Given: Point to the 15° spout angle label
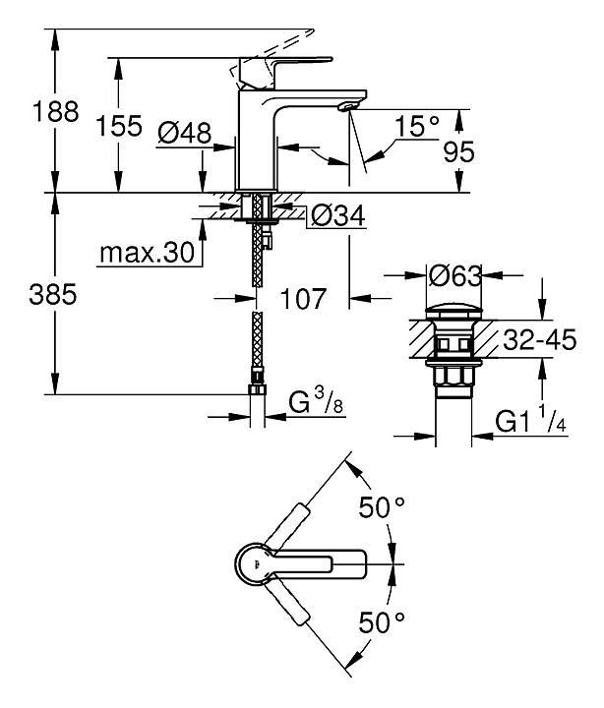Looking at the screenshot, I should coord(416,125).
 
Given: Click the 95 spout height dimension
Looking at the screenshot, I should coord(459,151).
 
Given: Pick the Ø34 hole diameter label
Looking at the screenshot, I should coord(332,215).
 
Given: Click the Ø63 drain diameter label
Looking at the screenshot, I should coord(454,276).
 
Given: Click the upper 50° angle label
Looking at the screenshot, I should coord(382,508).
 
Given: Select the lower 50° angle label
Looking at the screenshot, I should coord(382,620).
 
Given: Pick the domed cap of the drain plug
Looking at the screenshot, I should coord(454,313).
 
